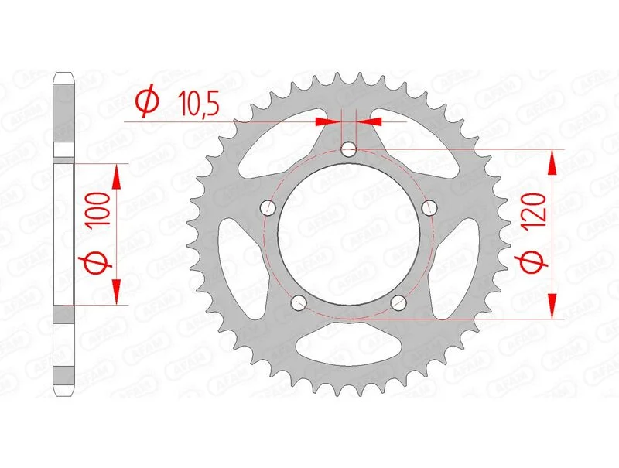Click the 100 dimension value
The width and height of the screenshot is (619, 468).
click(x=97, y=210)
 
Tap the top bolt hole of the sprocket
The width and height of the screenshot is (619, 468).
click(x=348, y=149)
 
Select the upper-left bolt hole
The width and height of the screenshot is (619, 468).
click(x=268, y=207)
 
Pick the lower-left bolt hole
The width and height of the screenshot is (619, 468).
click(x=299, y=302)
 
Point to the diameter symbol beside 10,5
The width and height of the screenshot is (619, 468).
click(x=147, y=102)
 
